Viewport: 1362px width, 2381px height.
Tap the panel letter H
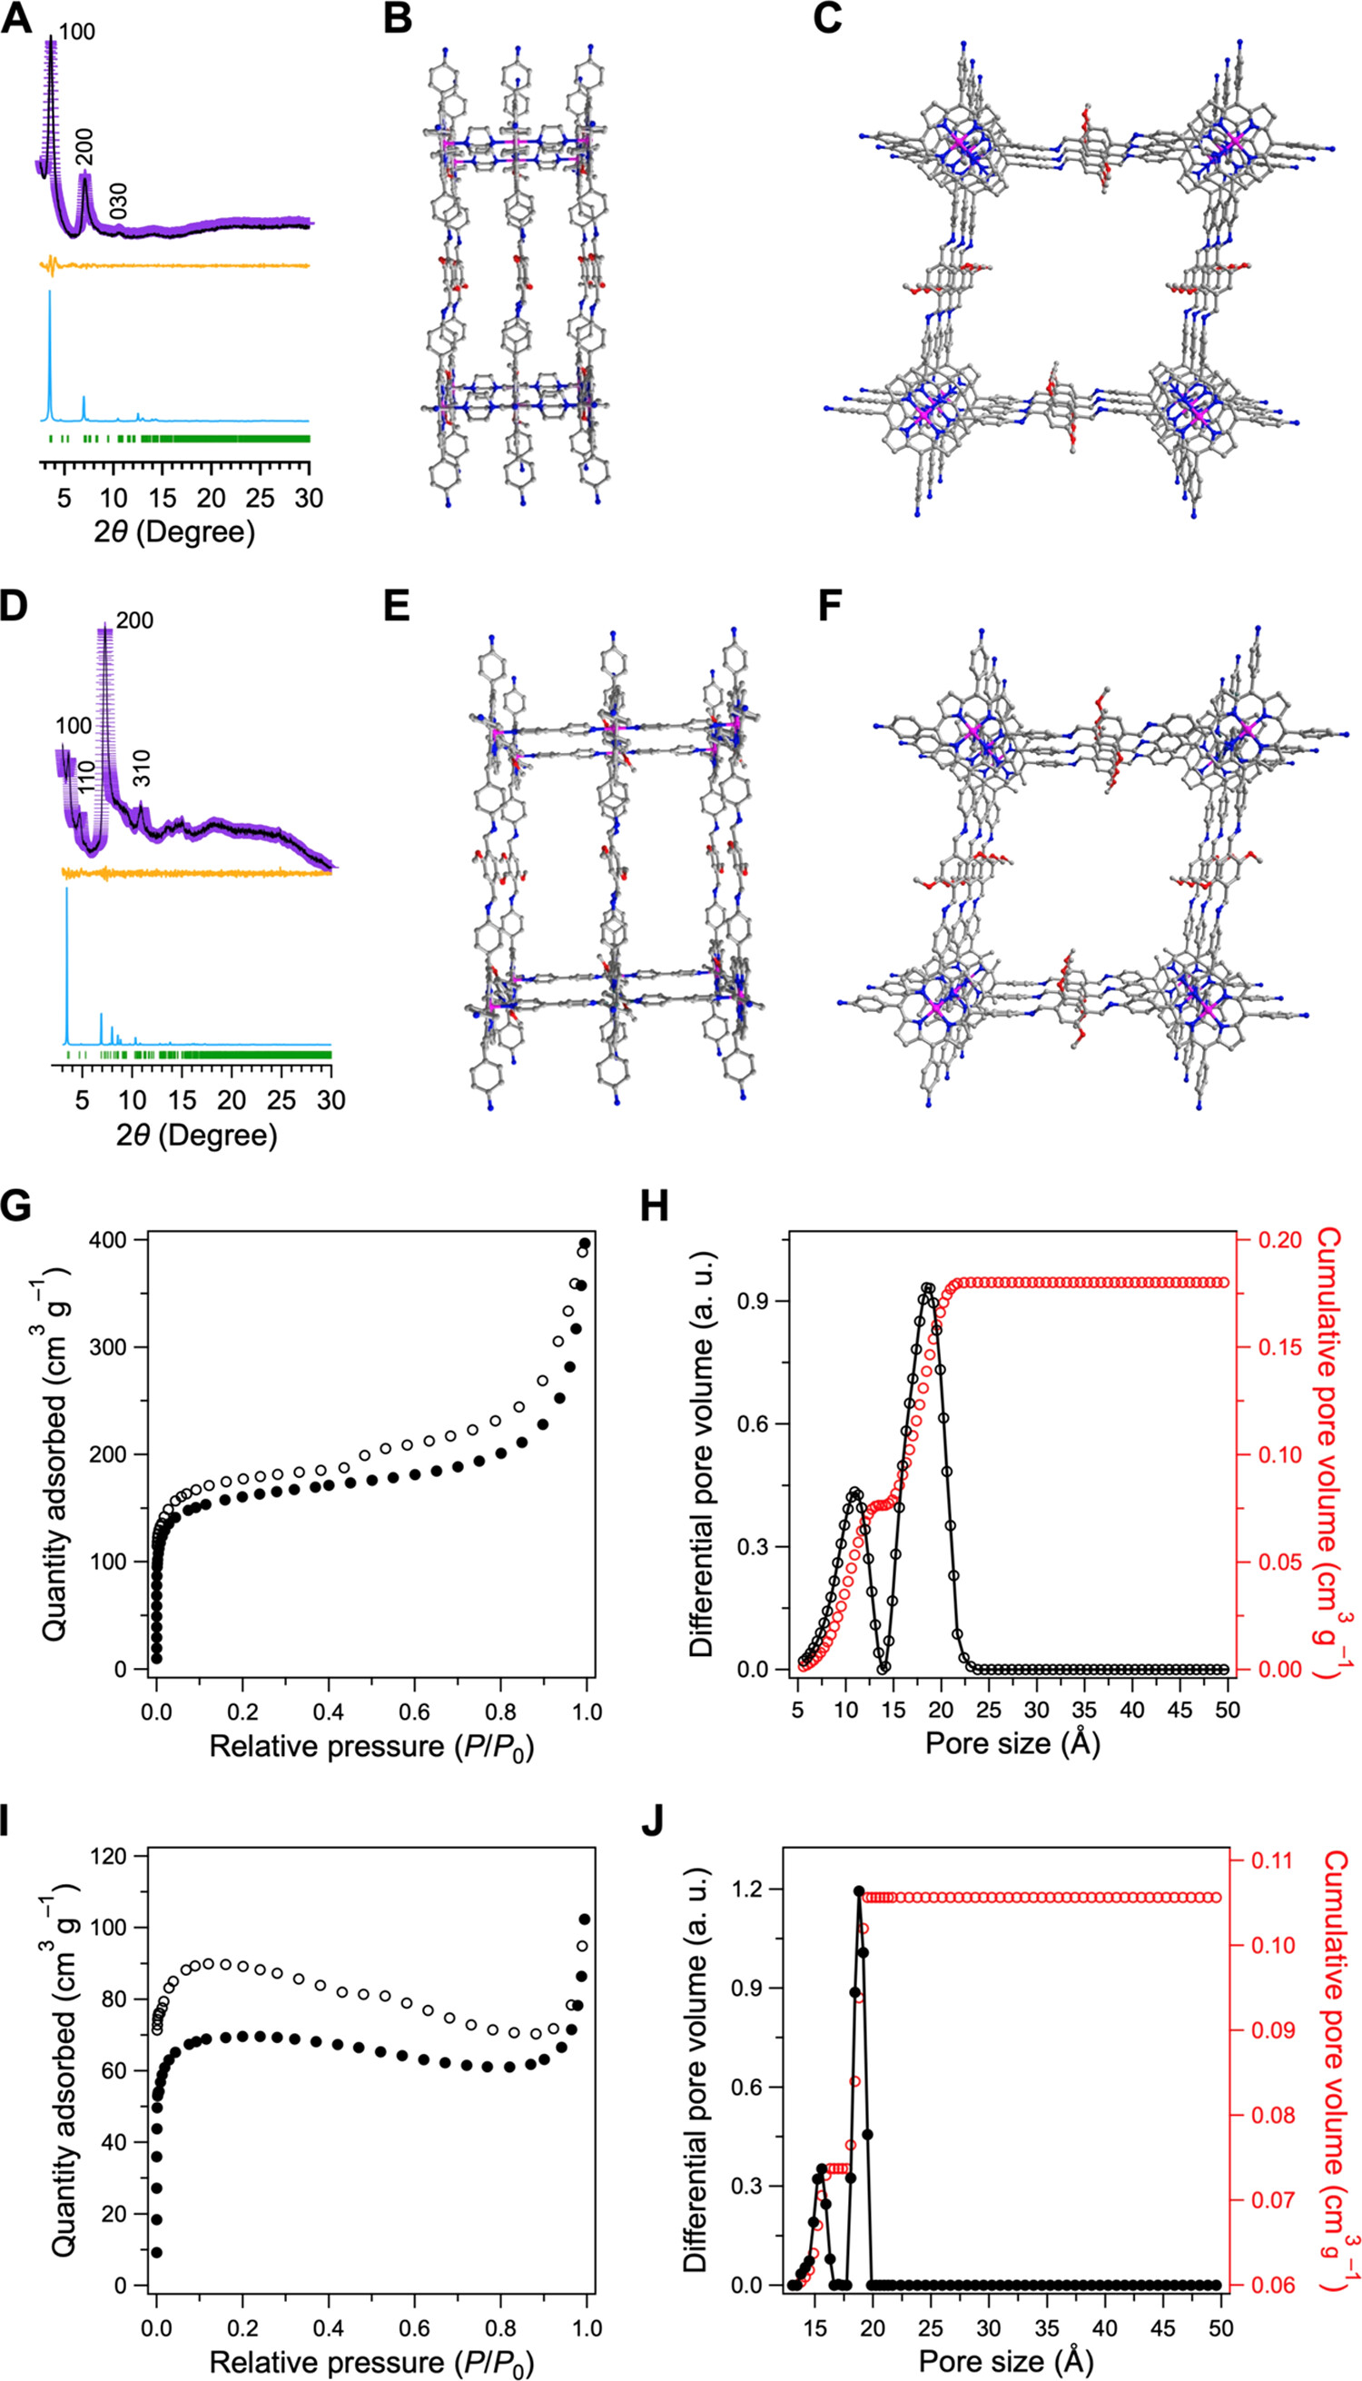point(654,1206)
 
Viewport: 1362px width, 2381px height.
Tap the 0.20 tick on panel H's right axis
point(1277,1240)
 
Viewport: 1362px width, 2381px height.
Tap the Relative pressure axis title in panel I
point(371,2355)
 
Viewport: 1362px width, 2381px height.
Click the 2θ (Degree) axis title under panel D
point(197,1136)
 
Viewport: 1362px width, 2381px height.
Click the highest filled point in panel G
point(586,1243)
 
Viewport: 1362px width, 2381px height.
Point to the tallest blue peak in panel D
point(66,889)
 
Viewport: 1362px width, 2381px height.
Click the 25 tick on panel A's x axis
point(260,497)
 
